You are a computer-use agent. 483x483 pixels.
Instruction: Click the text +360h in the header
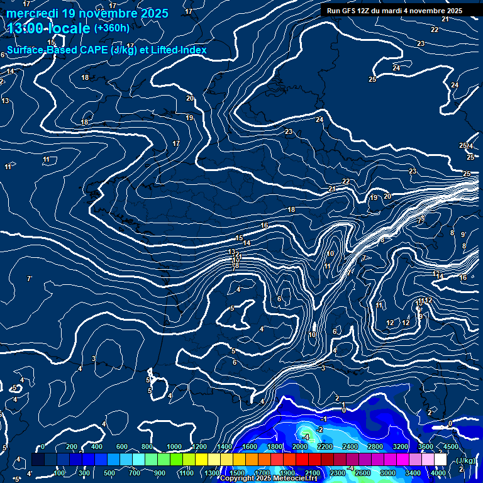click(111, 28)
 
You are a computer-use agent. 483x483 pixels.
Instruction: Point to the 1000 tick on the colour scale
click(174, 447)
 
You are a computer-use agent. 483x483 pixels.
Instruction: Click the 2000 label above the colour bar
click(299, 447)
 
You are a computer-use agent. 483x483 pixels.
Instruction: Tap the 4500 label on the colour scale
click(450, 447)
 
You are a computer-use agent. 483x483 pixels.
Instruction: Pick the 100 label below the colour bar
click(60, 473)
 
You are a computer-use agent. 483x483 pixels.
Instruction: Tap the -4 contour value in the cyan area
click(306, 436)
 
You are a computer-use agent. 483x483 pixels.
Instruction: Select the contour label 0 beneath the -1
click(344, 410)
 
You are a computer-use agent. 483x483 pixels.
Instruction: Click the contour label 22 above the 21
click(346, 182)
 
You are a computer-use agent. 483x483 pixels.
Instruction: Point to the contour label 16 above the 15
click(265, 225)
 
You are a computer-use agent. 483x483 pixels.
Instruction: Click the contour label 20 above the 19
click(190, 98)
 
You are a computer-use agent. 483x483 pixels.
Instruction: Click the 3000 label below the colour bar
click(388, 473)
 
